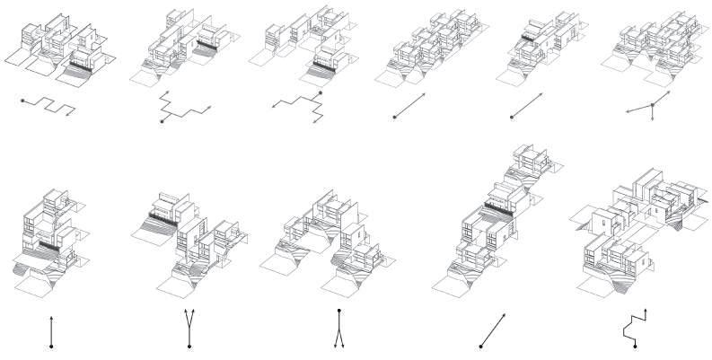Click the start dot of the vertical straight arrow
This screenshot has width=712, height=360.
click(x=53, y=347)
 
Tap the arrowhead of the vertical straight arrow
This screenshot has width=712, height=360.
click(x=53, y=316)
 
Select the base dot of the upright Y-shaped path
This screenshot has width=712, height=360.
click(x=189, y=347)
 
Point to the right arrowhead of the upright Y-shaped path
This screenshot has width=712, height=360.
click(x=196, y=312)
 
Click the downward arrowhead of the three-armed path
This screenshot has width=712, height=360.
click(x=653, y=119)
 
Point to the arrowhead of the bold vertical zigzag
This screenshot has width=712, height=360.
click(x=644, y=313)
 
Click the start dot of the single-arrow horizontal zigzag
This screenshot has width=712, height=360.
click(x=22, y=101)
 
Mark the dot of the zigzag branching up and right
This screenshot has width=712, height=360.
click(x=163, y=121)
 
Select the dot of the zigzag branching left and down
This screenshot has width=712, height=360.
click(x=320, y=93)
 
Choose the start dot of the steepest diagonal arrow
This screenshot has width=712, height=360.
click(x=481, y=347)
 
